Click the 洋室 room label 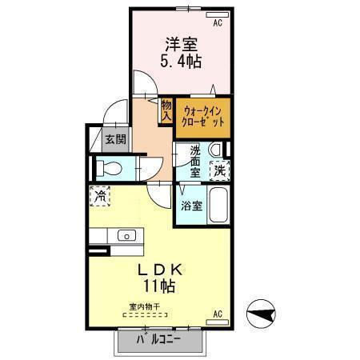coord(182,45)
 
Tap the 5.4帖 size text coord(182,62)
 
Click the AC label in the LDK coord(217,314)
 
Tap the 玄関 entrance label coord(115,139)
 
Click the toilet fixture coord(111,170)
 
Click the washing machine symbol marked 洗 coord(218,170)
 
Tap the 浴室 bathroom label coord(190,206)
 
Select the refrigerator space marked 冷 coord(102,195)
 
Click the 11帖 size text coord(160,286)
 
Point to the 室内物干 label coord(145,306)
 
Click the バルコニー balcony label coord(158,339)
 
